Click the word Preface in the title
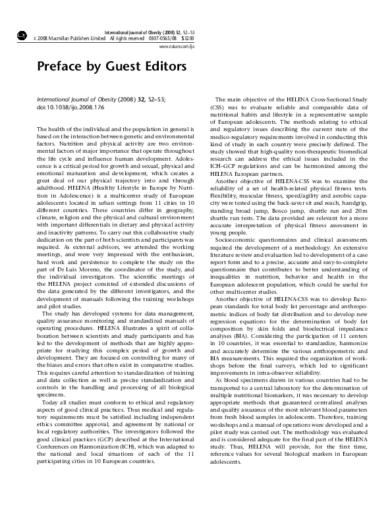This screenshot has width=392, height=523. click(x=59, y=67)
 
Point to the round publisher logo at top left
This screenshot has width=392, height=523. click(x=21, y=35)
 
